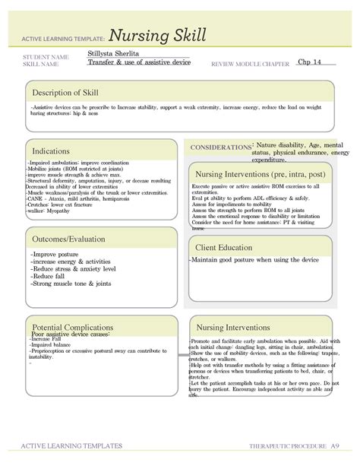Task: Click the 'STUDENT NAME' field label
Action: click(x=46, y=57)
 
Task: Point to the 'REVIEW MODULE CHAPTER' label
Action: click(x=249, y=64)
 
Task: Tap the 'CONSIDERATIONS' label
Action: click(x=220, y=147)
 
